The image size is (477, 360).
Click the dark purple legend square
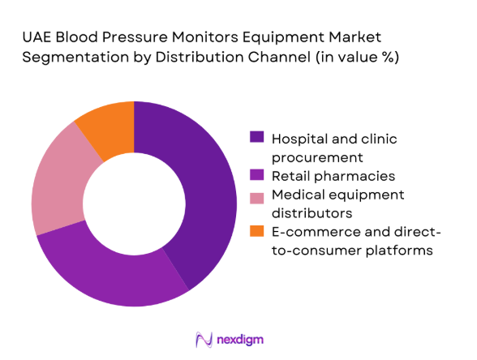(x=257, y=138)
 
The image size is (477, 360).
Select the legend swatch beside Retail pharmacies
(x=257, y=175)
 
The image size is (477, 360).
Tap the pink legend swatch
(x=257, y=195)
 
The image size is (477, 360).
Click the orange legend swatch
(x=257, y=233)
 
